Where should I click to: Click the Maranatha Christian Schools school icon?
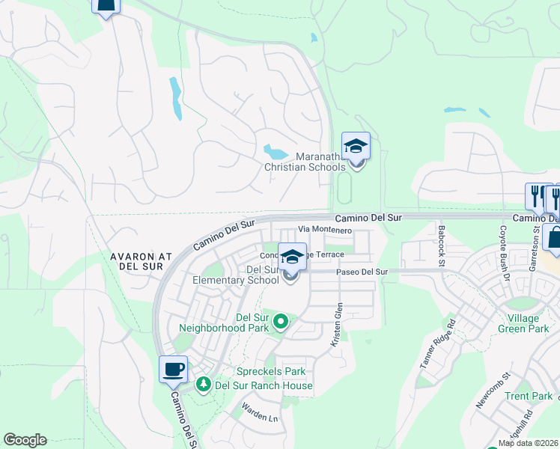coord(356,146)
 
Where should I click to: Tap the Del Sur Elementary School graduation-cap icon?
coord(292,257)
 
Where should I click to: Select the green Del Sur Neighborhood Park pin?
coord(281,322)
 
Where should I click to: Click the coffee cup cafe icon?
coord(174,369)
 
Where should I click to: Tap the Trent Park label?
coord(529,396)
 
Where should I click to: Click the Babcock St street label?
coord(442,245)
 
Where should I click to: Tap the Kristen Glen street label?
coord(336,324)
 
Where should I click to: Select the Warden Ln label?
coord(259,412)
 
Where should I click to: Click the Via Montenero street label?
coord(325,230)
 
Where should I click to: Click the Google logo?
coord(25,440)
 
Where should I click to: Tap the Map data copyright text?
coord(528,443)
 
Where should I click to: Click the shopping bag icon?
coord(554,238)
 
